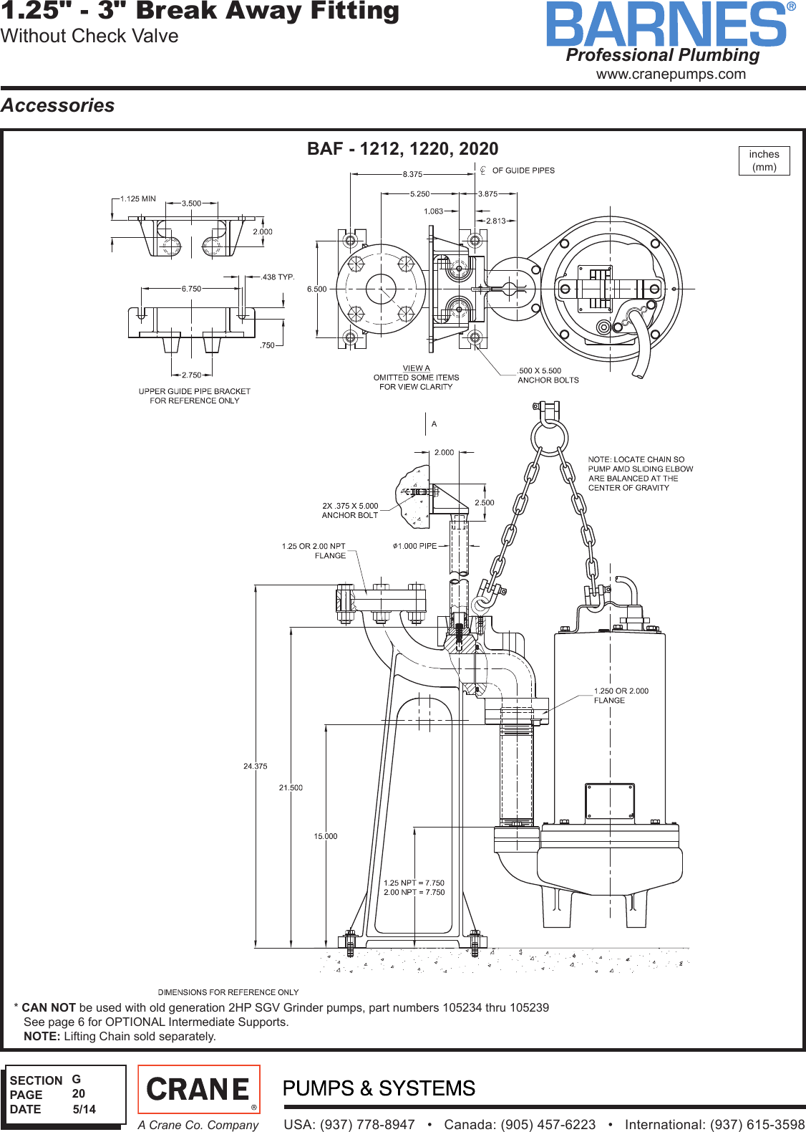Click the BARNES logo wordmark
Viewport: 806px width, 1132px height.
pos(666,24)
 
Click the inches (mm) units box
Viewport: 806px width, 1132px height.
pos(764,160)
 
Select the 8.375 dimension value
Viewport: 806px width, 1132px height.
pos(412,174)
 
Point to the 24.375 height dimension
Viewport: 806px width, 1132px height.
pos(255,766)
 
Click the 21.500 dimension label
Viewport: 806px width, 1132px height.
pos(291,787)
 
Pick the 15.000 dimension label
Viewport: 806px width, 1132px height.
pos(325,836)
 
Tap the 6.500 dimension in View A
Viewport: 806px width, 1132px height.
pos(316,289)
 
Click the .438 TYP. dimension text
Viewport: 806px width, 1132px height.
pos(278,277)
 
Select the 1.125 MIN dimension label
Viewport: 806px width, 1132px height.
pos(137,199)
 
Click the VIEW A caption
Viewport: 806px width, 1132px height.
pos(416,368)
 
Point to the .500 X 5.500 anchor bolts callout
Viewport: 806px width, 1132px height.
pos(548,375)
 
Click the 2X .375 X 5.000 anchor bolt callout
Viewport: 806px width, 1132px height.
pos(350,510)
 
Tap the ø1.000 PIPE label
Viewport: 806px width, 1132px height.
pos(414,546)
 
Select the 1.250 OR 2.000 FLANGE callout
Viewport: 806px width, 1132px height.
pos(620,696)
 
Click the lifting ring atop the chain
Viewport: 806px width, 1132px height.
pos(549,436)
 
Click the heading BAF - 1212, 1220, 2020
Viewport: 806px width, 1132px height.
pos(402,148)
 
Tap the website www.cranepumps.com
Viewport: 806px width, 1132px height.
pos(671,74)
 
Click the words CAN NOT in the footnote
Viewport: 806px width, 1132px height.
pos(48,1007)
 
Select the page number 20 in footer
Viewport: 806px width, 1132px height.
pos(78,1093)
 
